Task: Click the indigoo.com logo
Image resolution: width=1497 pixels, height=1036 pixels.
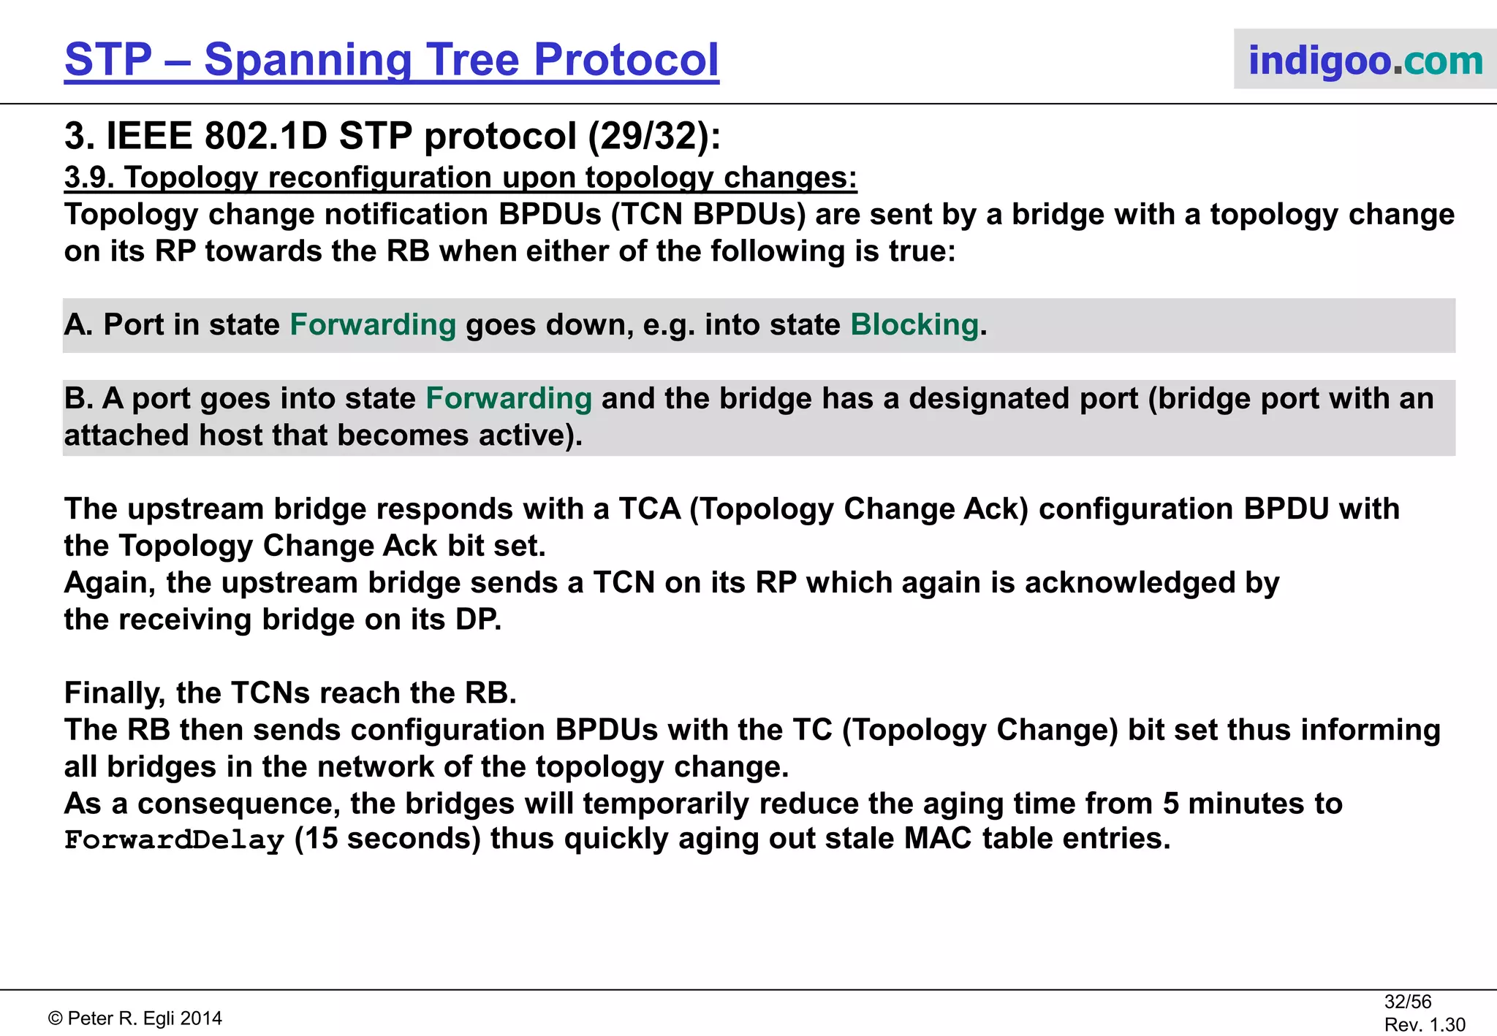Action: coord(1365,60)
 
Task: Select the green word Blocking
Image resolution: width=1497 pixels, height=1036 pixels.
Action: coord(914,325)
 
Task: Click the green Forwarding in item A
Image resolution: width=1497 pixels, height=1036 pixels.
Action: coord(373,325)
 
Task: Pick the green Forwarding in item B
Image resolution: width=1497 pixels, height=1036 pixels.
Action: coord(509,399)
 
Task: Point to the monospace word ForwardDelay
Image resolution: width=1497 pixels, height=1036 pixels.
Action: coord(174,840)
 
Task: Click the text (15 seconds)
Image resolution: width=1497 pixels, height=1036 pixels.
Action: coord(387,839)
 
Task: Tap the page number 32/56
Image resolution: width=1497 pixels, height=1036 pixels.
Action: coord(1407,1002)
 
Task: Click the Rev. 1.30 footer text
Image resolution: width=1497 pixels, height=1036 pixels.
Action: coord(1424,1025)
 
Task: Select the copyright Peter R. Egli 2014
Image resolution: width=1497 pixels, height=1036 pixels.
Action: coord(136,1018)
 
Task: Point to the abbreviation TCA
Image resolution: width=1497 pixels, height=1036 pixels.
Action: coord(650,509)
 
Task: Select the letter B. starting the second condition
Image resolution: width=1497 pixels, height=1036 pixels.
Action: coord(78,399)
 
